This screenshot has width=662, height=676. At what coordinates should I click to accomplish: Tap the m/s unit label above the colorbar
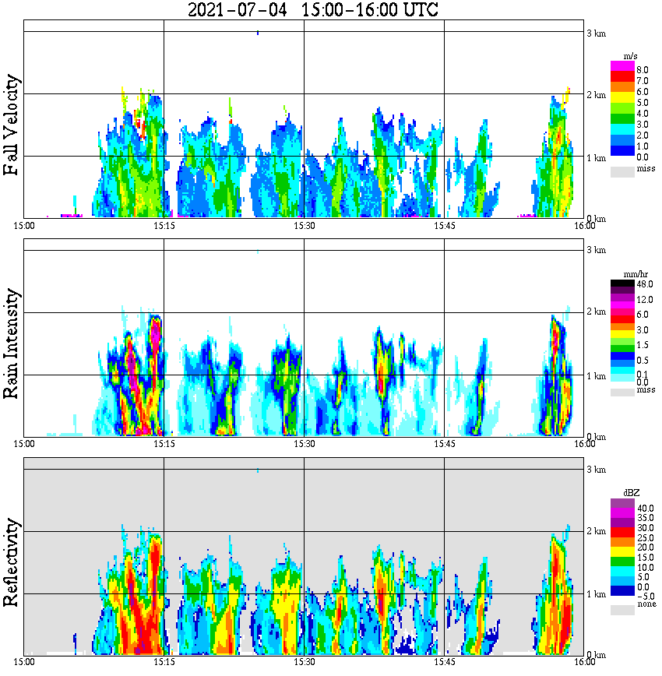tap(630, 57)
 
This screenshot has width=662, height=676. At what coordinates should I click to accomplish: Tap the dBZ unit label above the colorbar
tap(632, 493)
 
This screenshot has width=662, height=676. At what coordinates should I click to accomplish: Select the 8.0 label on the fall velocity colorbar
tap(643, 69)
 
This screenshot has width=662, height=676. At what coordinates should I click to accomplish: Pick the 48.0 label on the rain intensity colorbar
tap(644, 284)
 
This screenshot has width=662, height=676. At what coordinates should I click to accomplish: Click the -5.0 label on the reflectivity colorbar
tap(646, 596)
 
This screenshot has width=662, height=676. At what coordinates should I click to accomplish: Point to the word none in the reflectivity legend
tap(646, 605)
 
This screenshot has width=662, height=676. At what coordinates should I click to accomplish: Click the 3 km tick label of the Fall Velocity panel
tap(596, 32)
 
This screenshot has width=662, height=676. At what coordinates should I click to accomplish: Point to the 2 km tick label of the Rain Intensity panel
tap(596, 312)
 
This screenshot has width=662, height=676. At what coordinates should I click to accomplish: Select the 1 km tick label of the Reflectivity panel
tap(596, 594)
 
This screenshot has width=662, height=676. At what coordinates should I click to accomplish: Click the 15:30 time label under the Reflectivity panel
tap(304, 662)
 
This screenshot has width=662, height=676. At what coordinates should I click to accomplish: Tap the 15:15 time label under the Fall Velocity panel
tap(164, 226)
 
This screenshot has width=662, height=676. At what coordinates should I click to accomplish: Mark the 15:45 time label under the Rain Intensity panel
tap(444, 444)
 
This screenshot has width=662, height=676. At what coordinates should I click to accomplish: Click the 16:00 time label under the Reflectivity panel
tap(584, 662)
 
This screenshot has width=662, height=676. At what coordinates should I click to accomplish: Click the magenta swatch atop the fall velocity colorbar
tap(622, 65)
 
